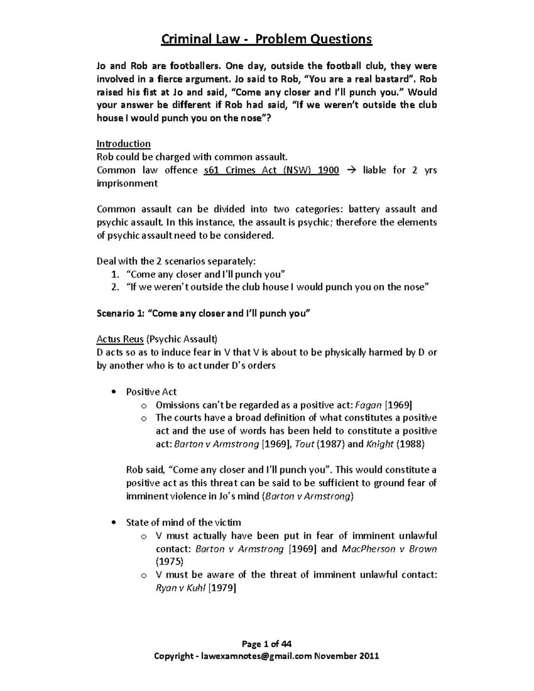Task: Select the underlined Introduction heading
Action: point(123,144)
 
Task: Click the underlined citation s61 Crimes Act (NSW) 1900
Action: point(271,170)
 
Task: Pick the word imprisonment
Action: point(127,183)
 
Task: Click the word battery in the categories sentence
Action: point(364,209)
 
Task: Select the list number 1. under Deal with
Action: point(115,275)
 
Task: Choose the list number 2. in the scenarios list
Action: point(115,287)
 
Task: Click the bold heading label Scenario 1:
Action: point(120,314)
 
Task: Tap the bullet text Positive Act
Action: point(151,392)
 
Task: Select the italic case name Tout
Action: point(305,444)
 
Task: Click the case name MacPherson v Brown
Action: point(389,549)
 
